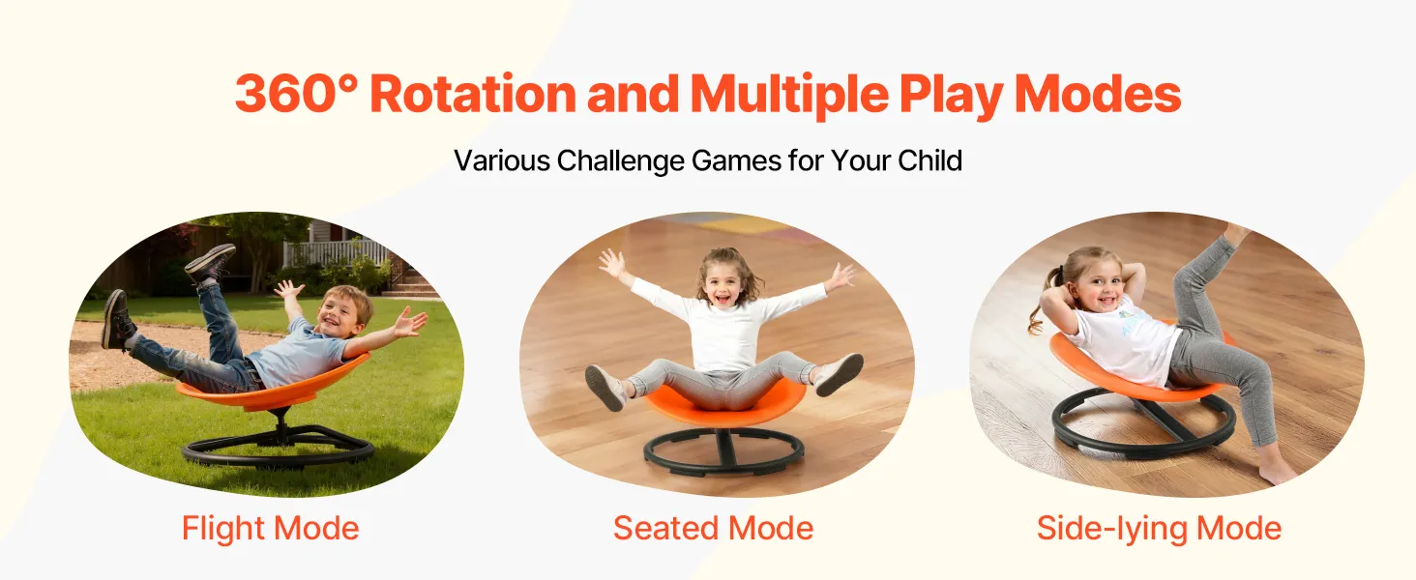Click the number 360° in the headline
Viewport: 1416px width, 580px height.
click(x=296, y=94)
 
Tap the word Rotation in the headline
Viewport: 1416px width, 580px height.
click(x=473, y=94)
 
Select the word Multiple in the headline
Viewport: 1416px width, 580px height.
click(x=789, y=95)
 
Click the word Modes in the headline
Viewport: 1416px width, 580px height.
click(x=1098, y=94)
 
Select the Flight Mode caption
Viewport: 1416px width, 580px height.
click(x=271, y=529)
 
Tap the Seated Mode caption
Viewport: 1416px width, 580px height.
click(x=713, y=528)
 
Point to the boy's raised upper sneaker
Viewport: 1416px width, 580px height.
click(x=211, y=262)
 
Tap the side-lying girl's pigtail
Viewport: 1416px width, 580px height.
click(x=1038, y=304)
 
